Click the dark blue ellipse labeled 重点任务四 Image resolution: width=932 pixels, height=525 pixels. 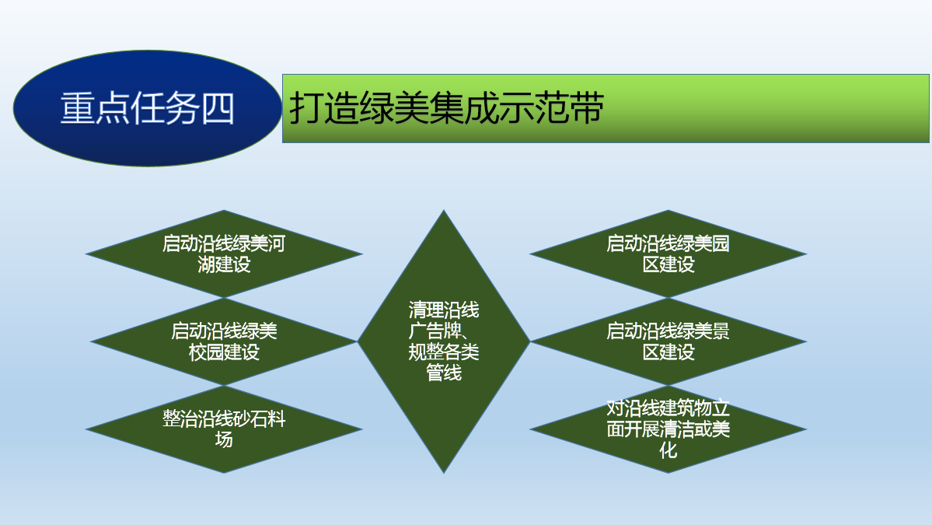(148, 108)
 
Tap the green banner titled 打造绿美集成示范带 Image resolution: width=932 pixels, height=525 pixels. (605, 108)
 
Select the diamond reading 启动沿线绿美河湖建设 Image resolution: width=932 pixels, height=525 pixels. (224, 254)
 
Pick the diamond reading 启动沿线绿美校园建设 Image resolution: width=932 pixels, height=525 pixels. (224, 341)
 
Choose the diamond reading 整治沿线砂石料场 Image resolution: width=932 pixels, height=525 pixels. (224, 429)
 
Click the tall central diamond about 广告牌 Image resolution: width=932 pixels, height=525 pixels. (443, 341)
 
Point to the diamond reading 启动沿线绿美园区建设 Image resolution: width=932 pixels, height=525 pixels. (668, 254)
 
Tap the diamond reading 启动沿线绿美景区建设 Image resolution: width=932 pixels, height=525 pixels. (668, 341)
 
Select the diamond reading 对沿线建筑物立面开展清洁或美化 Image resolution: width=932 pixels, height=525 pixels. (668, 429)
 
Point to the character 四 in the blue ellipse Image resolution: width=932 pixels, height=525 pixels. (218, 108)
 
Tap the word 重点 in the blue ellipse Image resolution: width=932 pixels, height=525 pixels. (95, 108)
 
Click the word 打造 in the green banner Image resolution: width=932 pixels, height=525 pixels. (324, 108)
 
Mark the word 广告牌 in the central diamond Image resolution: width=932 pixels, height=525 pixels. (435, 331)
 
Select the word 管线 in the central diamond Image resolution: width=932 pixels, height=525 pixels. (443, 373)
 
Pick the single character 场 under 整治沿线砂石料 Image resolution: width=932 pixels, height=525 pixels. (224, 439)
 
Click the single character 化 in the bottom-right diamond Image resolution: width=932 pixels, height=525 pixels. (668, 450)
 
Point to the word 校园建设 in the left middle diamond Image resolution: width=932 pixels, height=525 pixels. (224, 352)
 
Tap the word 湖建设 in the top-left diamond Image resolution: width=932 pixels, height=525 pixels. (224, 264)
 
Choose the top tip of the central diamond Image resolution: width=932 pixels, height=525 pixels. (443, 211)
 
